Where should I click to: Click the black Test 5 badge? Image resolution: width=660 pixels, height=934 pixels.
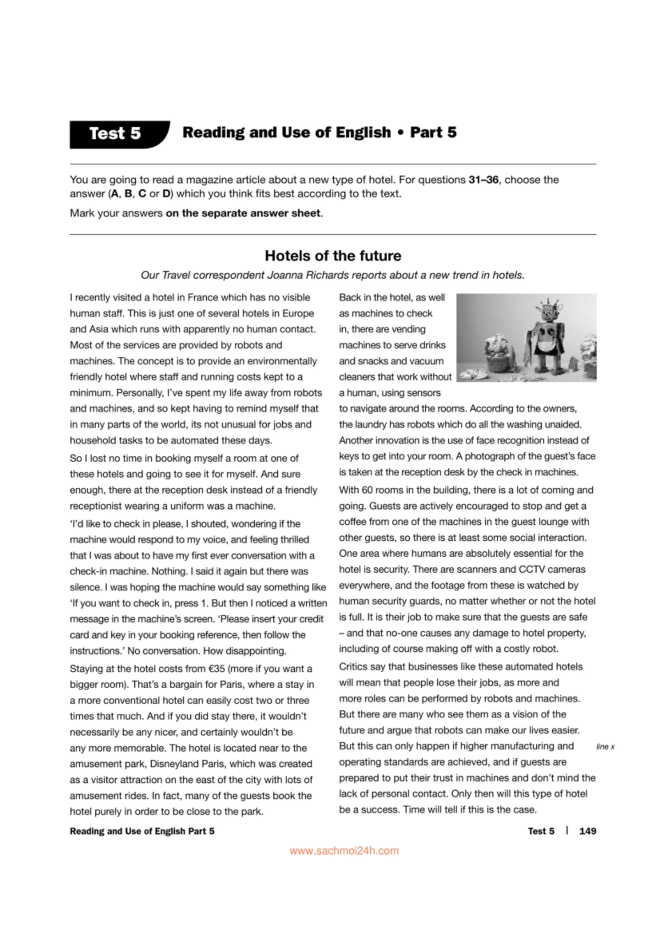[x=116, y=134]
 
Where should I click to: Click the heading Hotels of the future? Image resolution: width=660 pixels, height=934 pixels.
[x=333, y=256]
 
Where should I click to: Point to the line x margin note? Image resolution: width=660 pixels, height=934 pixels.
[x=605, y=746]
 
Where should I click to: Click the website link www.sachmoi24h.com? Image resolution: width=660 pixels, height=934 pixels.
[x=344, y=851]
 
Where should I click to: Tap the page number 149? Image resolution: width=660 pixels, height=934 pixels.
[x=587, y=831]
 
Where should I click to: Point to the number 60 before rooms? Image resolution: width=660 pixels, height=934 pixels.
[x=367, y=490]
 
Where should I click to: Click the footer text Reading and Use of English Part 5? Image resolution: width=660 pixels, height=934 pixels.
[x=142, y=831]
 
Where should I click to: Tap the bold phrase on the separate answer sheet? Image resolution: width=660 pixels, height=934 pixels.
[x=243, y=213]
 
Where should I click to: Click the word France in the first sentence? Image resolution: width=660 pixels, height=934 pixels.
[x=202, y=298]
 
